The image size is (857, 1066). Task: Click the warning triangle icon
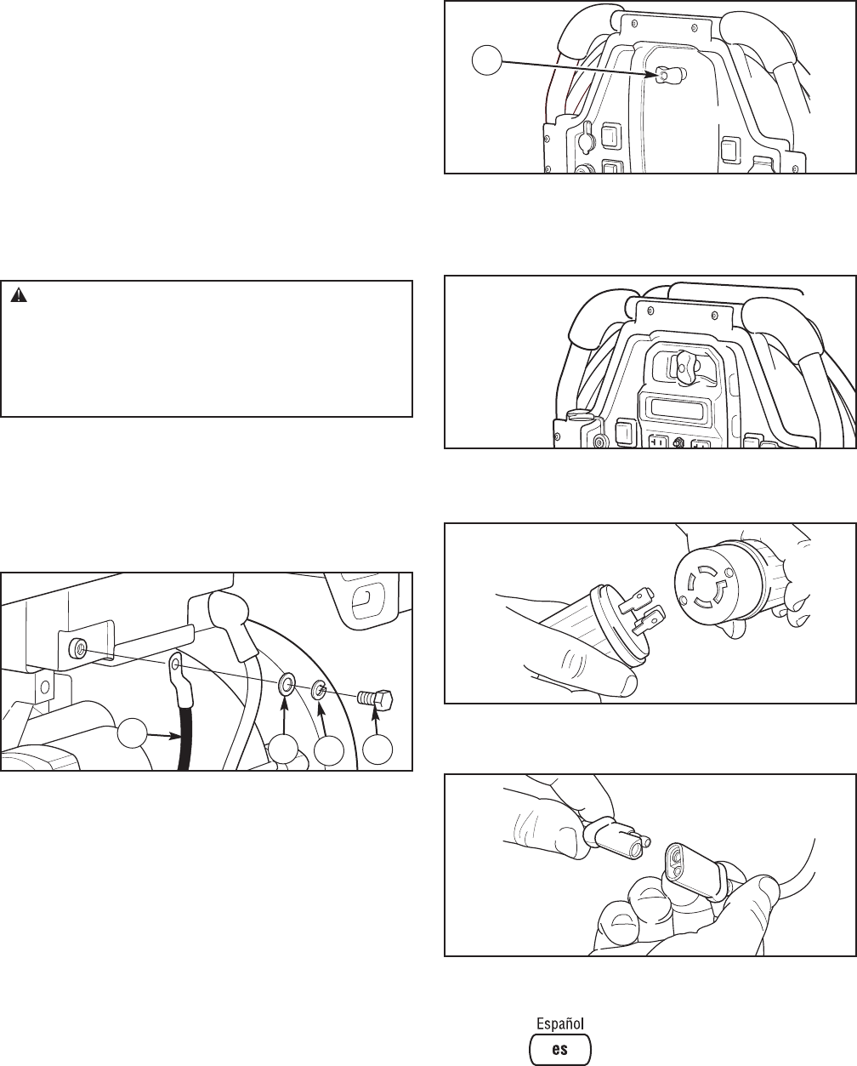click(x=19, y=295)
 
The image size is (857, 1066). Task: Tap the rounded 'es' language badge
click(x=560, y=1046)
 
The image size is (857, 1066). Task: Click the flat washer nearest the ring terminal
click(x=286, y=685)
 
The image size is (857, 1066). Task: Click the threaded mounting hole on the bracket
click(x=78, y=647)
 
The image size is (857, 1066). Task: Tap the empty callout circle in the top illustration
click(x=488, y=60)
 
